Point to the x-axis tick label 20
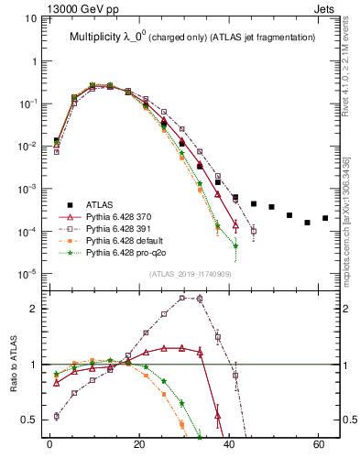pyautogui.click(x=139, y=446)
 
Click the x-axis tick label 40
pyautogui.click(x=229, y=446)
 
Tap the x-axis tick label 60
pyautogui.click(x=318, y=446)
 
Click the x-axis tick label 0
pyautogui.click(x=49, y=446)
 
